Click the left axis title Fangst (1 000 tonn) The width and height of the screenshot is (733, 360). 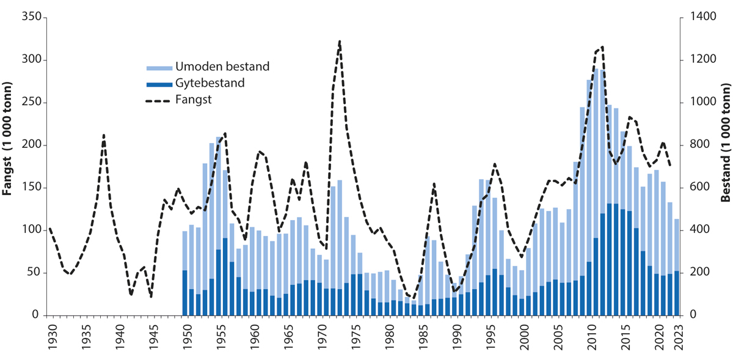click(x=8, y=165)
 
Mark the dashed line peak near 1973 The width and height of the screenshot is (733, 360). click(x=339, y=42)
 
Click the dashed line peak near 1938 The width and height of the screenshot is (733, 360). click(x=104, y=135)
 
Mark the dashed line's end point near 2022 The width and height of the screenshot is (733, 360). click(x=669, y=165)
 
